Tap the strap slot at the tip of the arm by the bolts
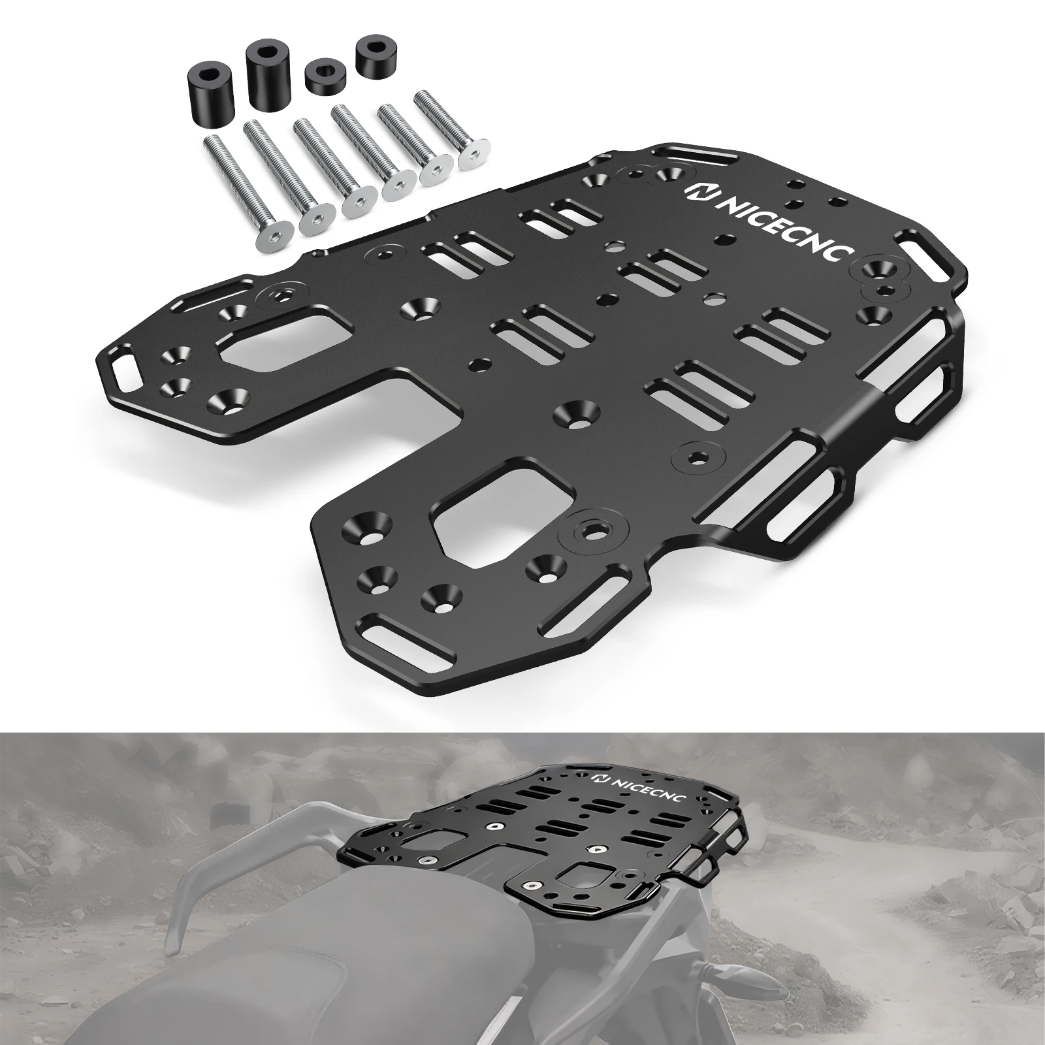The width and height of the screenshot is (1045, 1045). [x=124, y=373]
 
